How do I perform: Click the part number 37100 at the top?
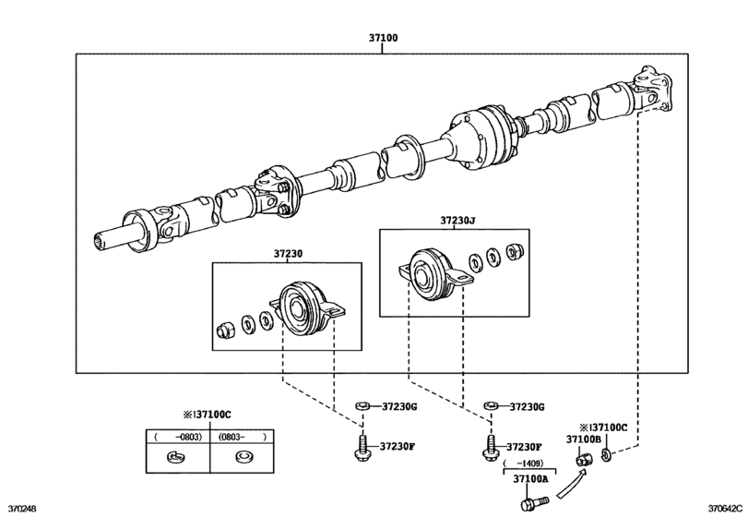pos(384,40)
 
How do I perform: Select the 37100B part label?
pos(583,440)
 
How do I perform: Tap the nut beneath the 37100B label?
pos(583,459)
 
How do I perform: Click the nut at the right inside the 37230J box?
pos(516,251)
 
